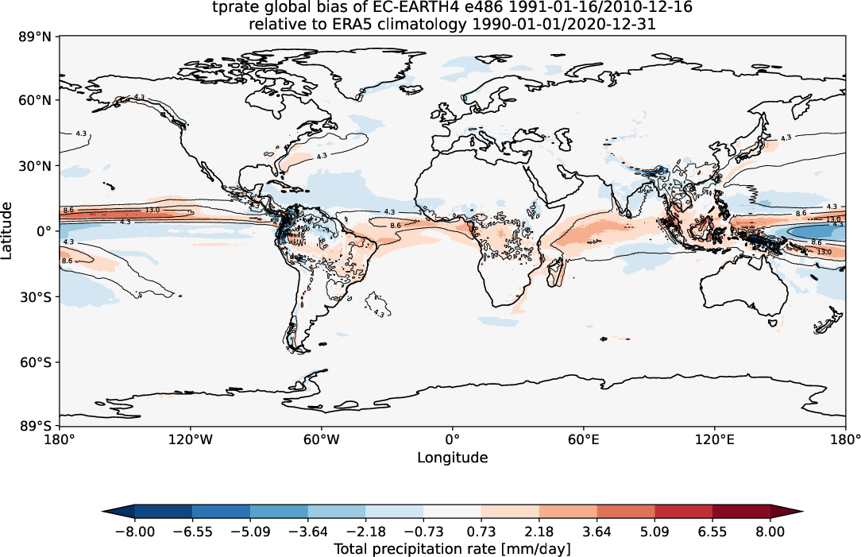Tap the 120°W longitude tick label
click(x=191, y=439)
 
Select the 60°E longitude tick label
click(x=583, y=439)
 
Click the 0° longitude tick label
click(x=453, y=439)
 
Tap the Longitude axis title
click(x=453, y=458)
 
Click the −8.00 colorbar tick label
click(x=134, y=532)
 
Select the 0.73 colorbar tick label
click(x=481, y=532)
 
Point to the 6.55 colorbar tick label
click(x=712, y=532)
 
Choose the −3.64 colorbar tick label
click(x=307, y=532)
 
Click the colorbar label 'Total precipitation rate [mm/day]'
click(x=453, y=549)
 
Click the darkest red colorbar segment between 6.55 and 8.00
click(x=741, y=511)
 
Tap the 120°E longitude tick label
click(x=713, y=439)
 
